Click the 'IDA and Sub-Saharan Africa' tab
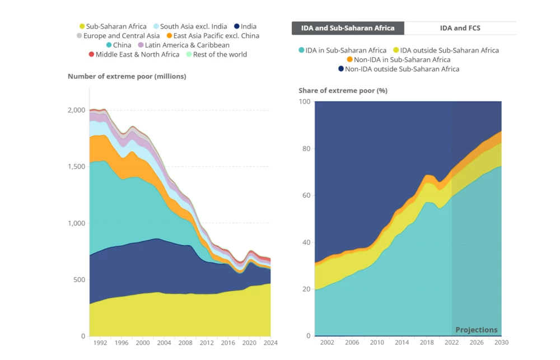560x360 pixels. tap(348, 28)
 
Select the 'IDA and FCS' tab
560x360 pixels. tap(460, 28)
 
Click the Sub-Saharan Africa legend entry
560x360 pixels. tap(113, 26)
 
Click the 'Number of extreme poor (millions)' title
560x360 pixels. tap(127, 77)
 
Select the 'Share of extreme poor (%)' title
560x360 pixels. tap(343, 91)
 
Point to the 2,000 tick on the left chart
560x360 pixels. tap(77, 110)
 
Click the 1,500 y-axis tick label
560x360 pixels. tap(77, 167)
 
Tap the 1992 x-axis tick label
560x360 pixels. tap(101, 343)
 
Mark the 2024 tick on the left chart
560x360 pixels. tap(270, 343)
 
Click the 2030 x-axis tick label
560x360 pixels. tap(501, 342)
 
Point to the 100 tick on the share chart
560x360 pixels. tap(305, 101)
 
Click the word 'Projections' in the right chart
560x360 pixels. tap(476, 330)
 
